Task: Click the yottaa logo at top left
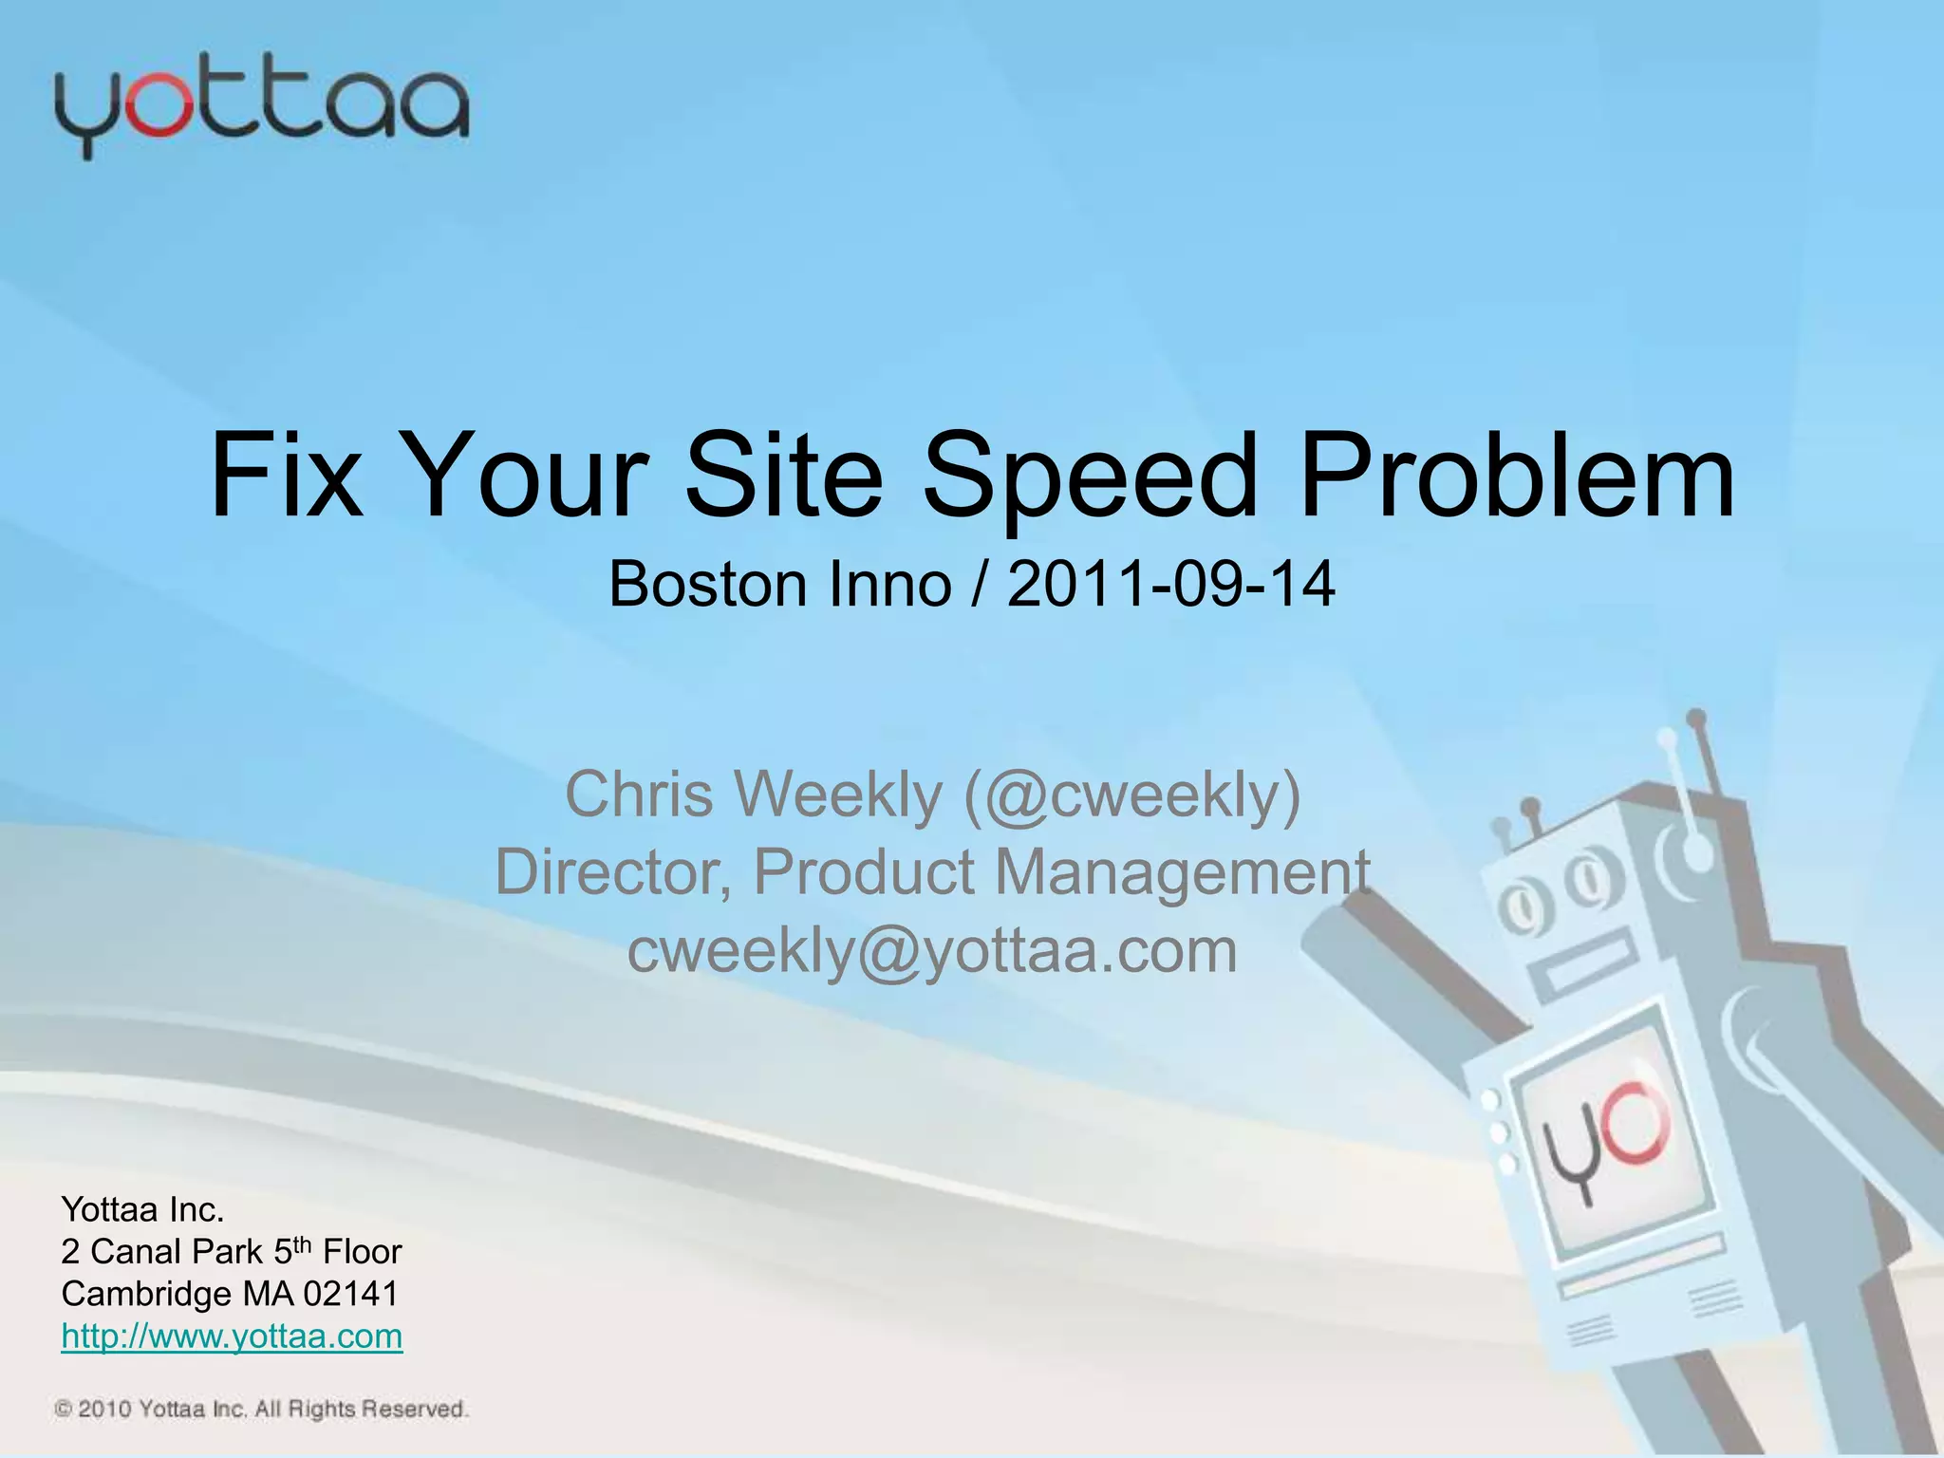(x=261, y=109)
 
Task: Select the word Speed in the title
(x=1089, y=477)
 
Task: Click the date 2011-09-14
(x=1171, y=585)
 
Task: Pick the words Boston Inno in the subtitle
(x=779, y=585)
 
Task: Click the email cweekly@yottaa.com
(x=932, y=950)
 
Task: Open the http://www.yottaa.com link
(x=232, y=1336)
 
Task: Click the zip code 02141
(x=350, y=1294)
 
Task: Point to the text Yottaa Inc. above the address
(x=142, y=1209)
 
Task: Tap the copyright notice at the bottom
(x=261, y=1410)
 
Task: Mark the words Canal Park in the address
(x=177, y=1252)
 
